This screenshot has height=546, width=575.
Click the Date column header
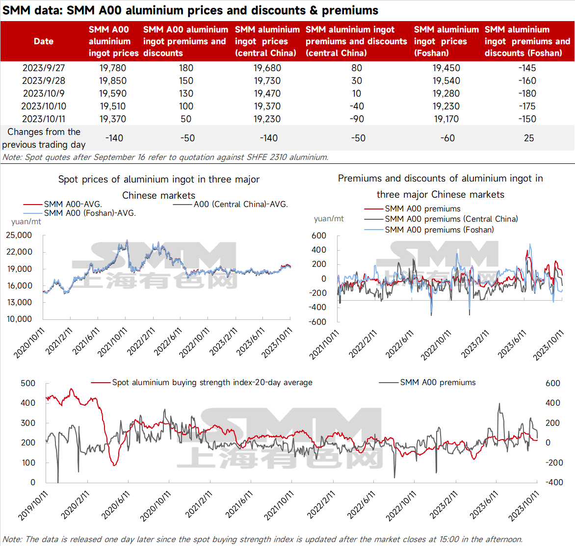[x=44, y=41]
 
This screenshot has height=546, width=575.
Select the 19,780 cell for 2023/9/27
[x=112, y=68]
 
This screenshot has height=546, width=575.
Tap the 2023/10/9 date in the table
[x=44, y=94]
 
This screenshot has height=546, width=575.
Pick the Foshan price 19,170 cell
[x=446, y=119]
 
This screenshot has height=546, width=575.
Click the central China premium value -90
[x=357, y=119]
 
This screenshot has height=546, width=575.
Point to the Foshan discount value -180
[x=527, y=94]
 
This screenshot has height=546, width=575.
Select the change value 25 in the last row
[x=529, y=138]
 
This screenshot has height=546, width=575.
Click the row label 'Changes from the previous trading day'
[x=44, y=138]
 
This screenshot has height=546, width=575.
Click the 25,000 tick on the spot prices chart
[x=19, y=235]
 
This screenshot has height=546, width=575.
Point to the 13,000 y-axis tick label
[x=19, y=302]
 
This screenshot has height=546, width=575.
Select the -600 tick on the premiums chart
[x=317, y=322]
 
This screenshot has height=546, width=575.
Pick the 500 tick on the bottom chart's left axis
[x=28, y=383]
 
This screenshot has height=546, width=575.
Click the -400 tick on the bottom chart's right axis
[x=554, y=482]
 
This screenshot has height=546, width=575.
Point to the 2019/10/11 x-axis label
[x=33, y=506]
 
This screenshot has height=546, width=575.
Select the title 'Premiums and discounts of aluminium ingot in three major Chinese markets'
[x=441, y=186]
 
